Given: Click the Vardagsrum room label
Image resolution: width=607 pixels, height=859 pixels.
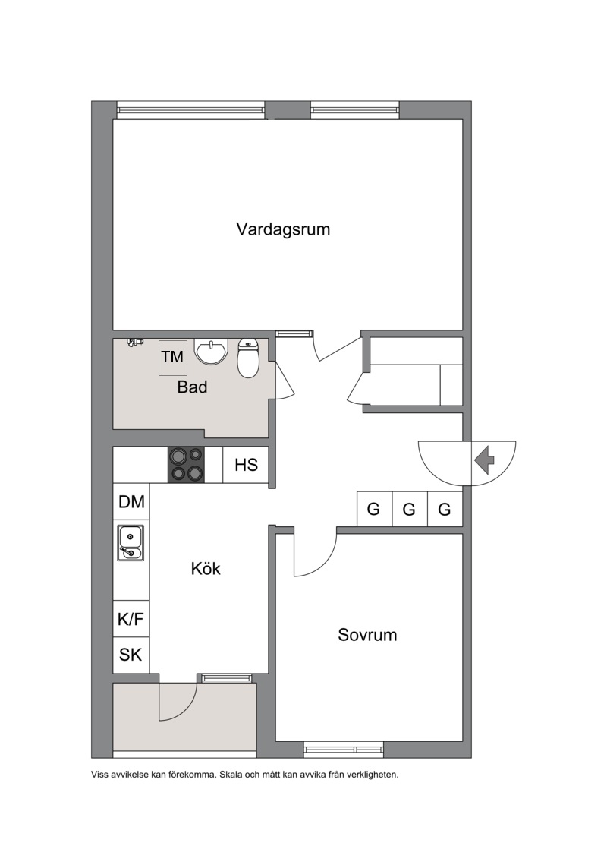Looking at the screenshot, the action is pyautogui.click(x=283, y=229).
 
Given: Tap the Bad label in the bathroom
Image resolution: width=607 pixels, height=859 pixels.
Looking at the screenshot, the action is pyautogui.click(x=192, y=387).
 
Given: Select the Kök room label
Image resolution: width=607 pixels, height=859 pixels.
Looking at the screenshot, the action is pyautogui.click(x=206, y=568).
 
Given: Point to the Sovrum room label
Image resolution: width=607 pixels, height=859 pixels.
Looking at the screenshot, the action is pyautogui.click(x=367, y=635).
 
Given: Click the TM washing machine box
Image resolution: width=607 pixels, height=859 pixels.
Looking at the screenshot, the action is pyautogui.click(x=173, y=358).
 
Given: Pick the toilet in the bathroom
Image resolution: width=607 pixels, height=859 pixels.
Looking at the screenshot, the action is pyautogui.click(x=249, y=358).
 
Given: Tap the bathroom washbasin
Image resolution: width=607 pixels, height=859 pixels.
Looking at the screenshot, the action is pyautogui.click(x=211, y=352).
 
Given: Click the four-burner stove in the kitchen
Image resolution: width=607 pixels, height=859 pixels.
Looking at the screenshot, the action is pyautogui.click(x=186, y=465).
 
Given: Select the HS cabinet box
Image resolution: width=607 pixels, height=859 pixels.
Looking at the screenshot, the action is pyautogui.click(x=246, y=465).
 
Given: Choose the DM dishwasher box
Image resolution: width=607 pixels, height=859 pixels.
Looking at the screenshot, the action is pyautogui.click(x=131, y=501).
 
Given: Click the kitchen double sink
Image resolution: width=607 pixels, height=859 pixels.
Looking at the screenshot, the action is pyautogui.click(x=131, y=542).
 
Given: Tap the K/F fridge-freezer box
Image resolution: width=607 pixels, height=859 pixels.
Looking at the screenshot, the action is pyautogui.click(x=131, y=619).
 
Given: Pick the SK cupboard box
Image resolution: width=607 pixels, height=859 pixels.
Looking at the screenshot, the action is pyautogui.click(x=131, y=655).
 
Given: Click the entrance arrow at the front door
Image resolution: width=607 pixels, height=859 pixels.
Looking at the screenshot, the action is pyautogui.click(x=484, y=460).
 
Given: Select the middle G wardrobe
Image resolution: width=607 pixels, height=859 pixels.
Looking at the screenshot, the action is pyautogui.click(x=410, y=509).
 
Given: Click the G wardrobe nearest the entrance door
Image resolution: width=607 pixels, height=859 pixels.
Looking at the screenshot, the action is pyautogui.click(x=445, y=509).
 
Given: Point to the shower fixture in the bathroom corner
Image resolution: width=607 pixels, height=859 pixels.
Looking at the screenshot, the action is pyautogui.click(x=134, y=342).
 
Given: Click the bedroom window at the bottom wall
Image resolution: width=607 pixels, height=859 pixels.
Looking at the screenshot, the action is pyautogui.click(x=344, y=749).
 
